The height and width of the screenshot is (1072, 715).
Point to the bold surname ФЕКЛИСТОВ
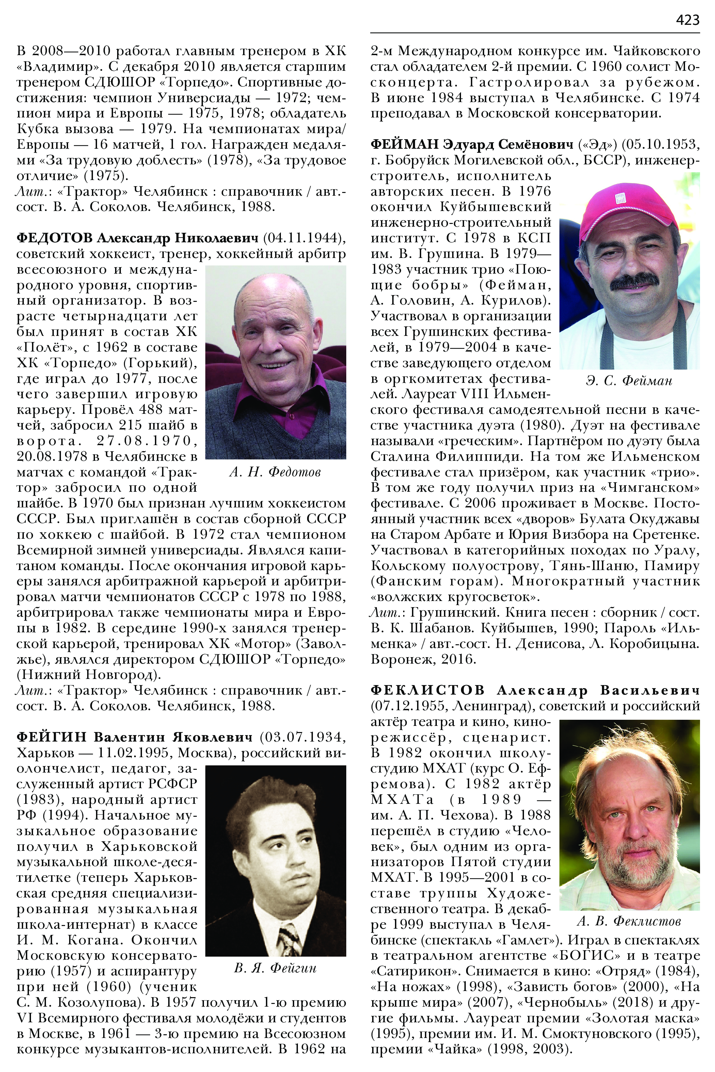[x=427, y=690]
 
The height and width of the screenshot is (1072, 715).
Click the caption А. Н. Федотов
[x=275, y=472]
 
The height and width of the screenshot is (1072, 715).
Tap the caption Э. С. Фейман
[x=629, y=380]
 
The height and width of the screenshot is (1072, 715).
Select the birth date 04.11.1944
[x=304, y=238]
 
